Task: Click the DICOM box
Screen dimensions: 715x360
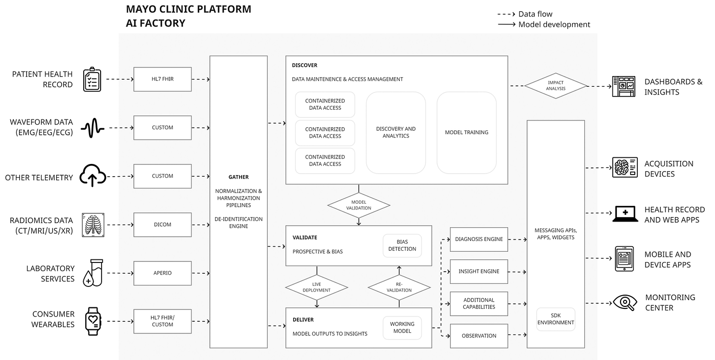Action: (x=162, y=225)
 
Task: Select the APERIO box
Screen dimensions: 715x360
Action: (x=162, y=273)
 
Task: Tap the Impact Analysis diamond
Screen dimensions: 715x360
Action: (x=556, y=86)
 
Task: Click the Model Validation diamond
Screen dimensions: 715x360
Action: (x=359, y=205)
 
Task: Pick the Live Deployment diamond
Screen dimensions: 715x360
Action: (x=317, y=287)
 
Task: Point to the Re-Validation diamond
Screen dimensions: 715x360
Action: (x=399, y=287)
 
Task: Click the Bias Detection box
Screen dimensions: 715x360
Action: (x=402, y=246)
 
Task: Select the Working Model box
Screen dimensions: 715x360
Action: (x=402, y=327)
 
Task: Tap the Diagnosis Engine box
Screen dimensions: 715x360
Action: (x=479, y=239)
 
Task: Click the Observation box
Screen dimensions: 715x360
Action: (x=479, y=336)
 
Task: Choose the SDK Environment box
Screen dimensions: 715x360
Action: (x=556, y=319)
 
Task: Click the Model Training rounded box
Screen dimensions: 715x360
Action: (x=467, y=132)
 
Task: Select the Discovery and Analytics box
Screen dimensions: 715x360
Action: (x=396, y=132)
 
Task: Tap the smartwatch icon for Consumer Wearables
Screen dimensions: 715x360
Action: (x=93, y=321)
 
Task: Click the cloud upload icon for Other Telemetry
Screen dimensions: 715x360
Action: (x=92, y=175)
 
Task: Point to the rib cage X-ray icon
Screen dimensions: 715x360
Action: (x=93, y=225)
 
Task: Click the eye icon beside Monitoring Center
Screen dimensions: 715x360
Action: (x=625, y=302)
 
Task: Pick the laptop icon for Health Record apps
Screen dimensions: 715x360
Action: (x=625, y=214)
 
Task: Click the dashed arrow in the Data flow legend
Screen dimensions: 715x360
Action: (x=507, y=14)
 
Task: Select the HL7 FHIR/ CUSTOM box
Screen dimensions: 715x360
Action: (x=162, y=321)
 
